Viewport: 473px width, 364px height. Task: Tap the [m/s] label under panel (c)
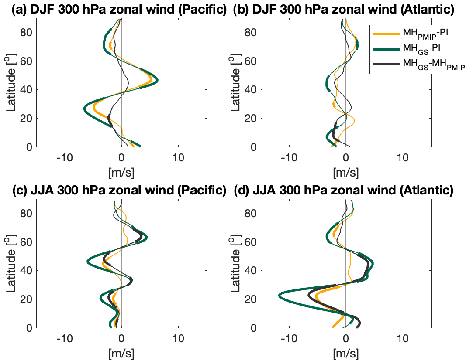tap(121, 353)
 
